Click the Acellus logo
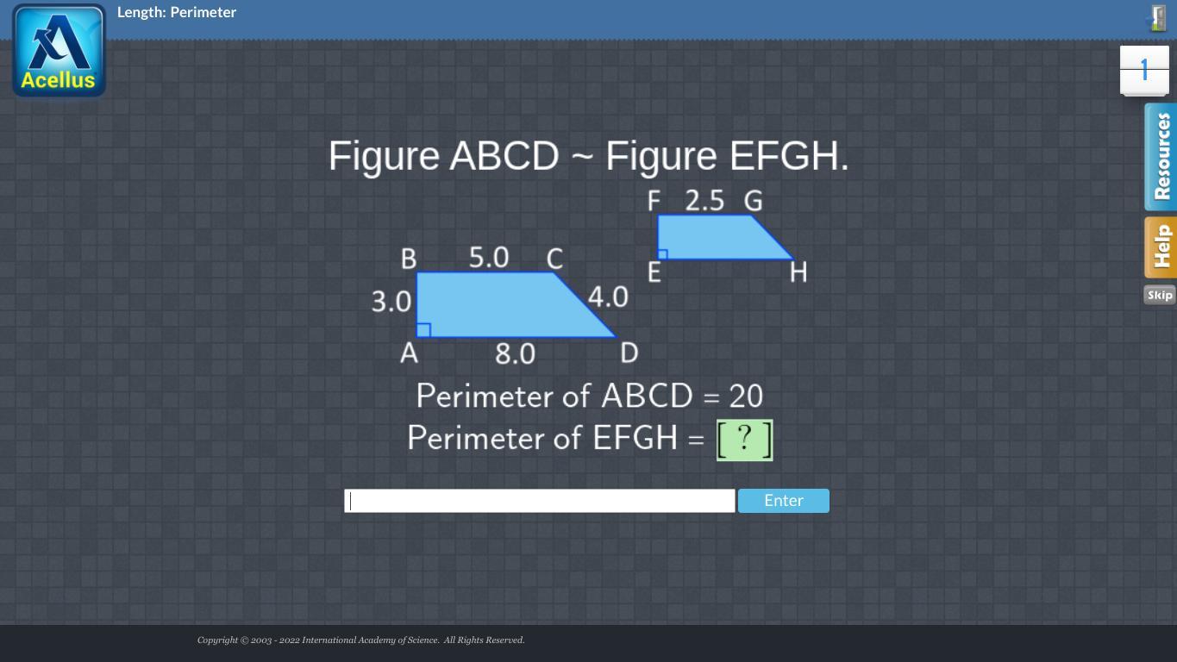pos(59,51)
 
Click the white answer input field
pos(540,501)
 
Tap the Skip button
pos(1159,295)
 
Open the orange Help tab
pos(1161,247)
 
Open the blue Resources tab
pos(1161,157)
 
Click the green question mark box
pos(744,440)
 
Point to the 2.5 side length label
pos(704,201)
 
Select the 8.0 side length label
pos(515,353)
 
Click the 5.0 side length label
pos(489,258)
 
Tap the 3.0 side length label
pos(391,302)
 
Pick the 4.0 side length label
pos(608,297)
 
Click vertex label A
pos(409,353)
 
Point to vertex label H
pos(798,272)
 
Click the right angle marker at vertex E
pos(663,254)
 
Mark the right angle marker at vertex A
pos(423,330)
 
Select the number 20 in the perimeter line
pos(746,397)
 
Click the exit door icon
pos(1157,18)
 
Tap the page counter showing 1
pos(1144,71)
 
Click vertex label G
pos(753,201)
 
